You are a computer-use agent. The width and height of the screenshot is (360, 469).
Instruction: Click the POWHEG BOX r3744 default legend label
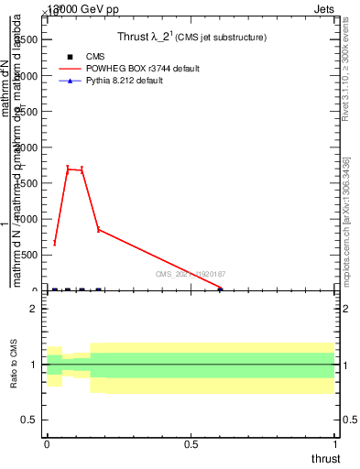(142, 69)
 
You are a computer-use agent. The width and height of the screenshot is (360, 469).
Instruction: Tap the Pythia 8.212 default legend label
(124, 81)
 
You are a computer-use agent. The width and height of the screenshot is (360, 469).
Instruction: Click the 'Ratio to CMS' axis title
(15, 364)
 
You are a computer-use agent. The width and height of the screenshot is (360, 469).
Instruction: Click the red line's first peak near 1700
(68, 169)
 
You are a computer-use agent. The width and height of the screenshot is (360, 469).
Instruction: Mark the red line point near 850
(98, 230)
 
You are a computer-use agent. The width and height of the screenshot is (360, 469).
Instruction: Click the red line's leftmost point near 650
(55, 243)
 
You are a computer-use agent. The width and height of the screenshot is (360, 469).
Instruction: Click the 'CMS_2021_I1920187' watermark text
(191, 274)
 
